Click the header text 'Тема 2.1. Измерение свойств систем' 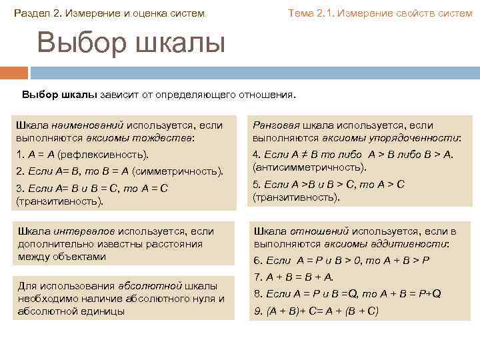(x=379, y=13)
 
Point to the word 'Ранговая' (x=275, y=125)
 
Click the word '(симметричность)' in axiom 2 (x=176, y=171)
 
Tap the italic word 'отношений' (x=319, y=231)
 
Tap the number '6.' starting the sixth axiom (x=257, y=260)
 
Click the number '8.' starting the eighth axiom (x=257, y=293)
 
